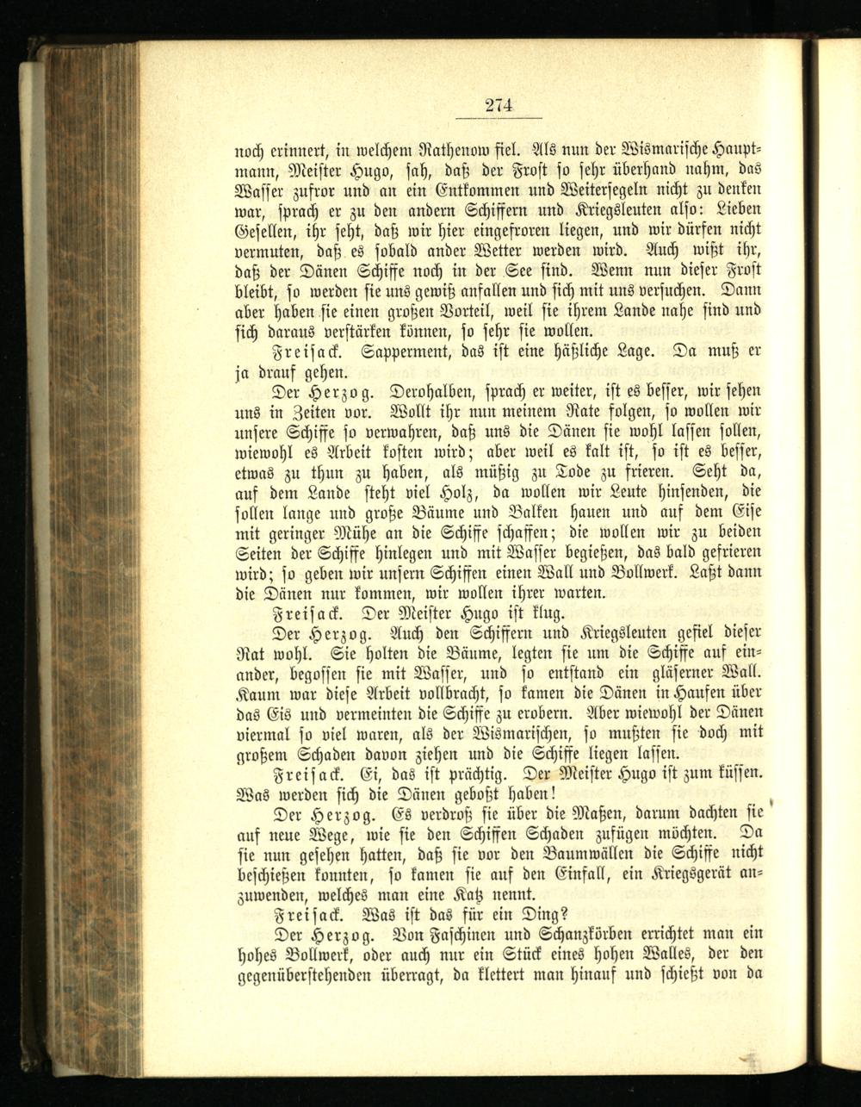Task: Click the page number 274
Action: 499,105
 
